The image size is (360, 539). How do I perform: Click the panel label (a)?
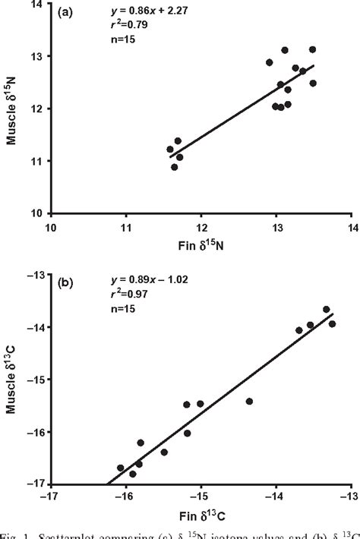click(66, 13)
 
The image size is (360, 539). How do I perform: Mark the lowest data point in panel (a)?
click(175, 167)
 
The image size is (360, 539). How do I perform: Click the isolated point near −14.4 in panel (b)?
click(249, 401)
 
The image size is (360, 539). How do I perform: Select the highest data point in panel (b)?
click(327, 310)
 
